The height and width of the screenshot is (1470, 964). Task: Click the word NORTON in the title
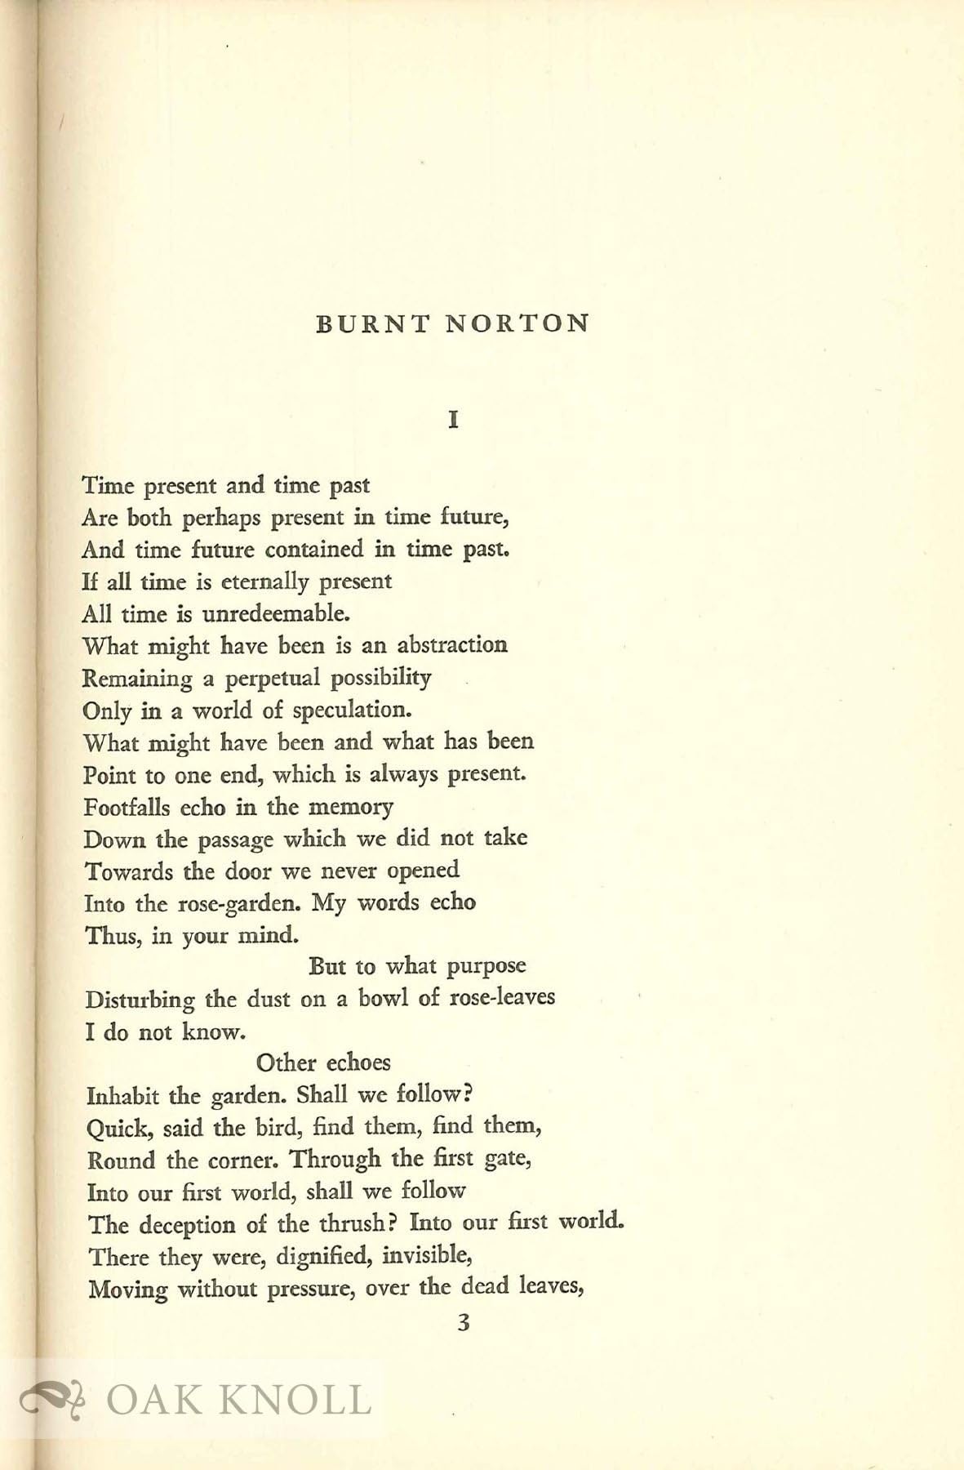pyautogui.click(x=518, y=324)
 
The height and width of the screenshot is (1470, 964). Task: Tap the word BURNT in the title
pyautogui.click(x=371, y=324)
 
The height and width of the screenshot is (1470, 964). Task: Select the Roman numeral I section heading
pyautogui.click(x=454, y=421)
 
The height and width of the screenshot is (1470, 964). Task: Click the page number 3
pyautogui.click(x=463, y=1323)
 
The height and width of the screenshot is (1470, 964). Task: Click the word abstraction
pyautogui.click(x=452, y=645)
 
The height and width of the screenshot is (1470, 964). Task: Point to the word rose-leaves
pyautogui.click(x=502, y=998)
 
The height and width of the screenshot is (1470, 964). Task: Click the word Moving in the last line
pyautogui.click(x=127, y=1290)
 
